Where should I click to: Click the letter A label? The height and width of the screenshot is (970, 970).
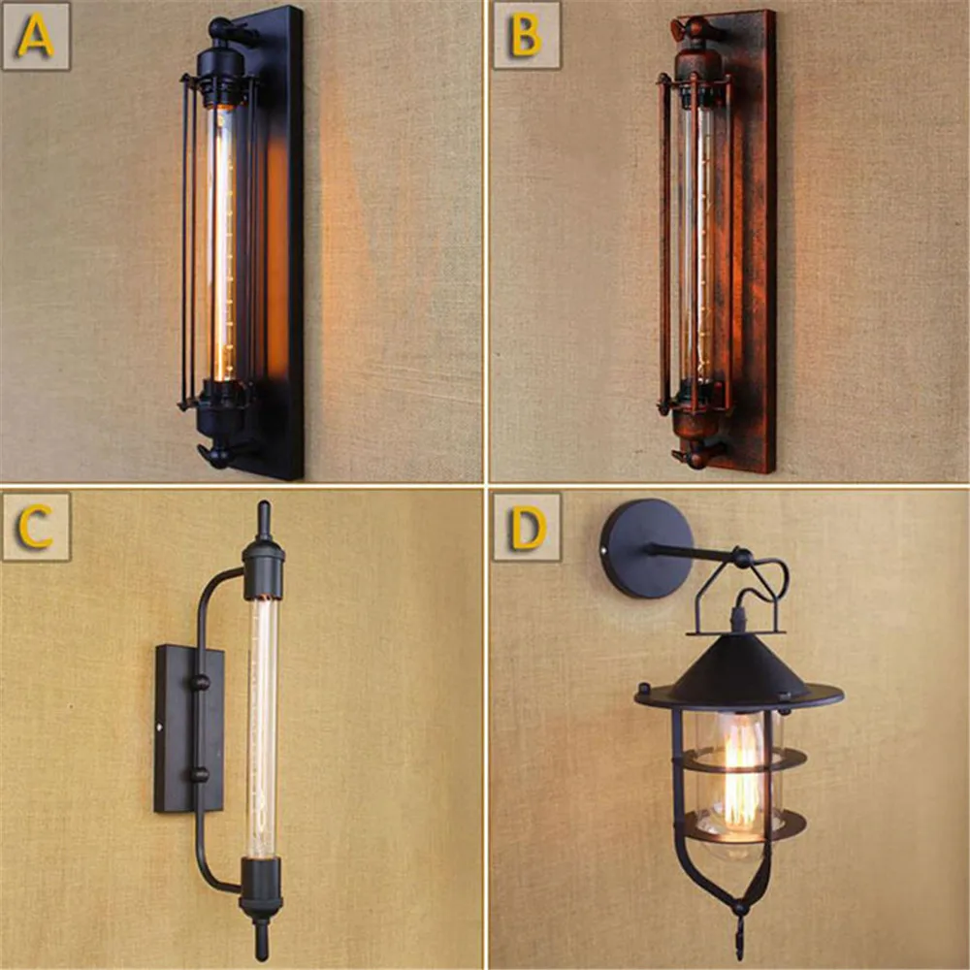tap(36, 37)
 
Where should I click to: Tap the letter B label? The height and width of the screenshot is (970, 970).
tap(527, 37)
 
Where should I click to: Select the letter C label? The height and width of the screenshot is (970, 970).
tap(36, 527)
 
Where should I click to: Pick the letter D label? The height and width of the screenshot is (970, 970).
tap(527, 527)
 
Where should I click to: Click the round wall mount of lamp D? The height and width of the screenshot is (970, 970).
tap(646, 548)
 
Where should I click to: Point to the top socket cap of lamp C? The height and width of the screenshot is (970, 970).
tap(263, 567)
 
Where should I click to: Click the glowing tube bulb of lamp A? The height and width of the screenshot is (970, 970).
tap(223, 242)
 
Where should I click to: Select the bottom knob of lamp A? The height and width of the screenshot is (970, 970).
tap(218, 454)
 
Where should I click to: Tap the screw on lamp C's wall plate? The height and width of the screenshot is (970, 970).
tap(161, 725)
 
